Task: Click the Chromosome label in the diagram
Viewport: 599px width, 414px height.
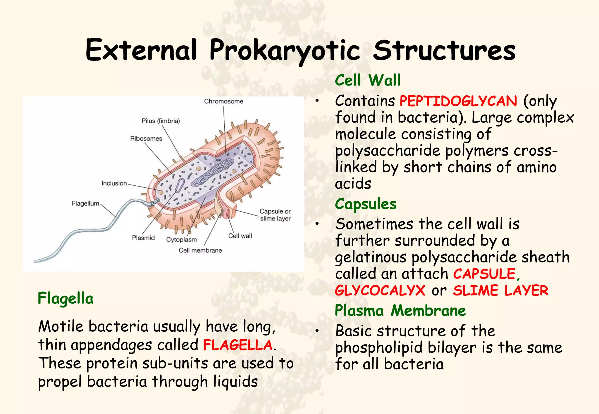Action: point(223,101)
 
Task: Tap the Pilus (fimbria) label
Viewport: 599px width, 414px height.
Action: point(161,121)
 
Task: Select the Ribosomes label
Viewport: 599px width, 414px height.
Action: point(146,139)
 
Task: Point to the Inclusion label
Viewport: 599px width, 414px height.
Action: point(114,183)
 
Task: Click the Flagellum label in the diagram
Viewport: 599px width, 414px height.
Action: point(85,203)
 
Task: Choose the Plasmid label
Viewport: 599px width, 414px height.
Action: point(143,238)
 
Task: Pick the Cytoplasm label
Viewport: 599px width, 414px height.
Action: point(181,240)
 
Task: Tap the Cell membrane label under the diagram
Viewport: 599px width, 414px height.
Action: point(200,251)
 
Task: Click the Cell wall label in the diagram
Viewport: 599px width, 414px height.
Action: point(240,236)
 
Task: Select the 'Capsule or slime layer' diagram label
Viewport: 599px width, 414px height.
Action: point(275,215)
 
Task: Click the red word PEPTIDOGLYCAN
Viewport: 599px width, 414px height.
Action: point(458,101)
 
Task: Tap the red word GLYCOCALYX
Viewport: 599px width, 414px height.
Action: point(380,291)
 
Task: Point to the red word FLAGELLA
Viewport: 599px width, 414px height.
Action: point(238,345)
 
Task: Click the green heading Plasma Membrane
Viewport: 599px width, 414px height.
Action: point(400,310)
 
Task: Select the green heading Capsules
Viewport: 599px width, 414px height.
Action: point(366,204)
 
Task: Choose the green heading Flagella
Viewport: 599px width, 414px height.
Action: point(66,298)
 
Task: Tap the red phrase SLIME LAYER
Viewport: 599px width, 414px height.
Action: point(500,291)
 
